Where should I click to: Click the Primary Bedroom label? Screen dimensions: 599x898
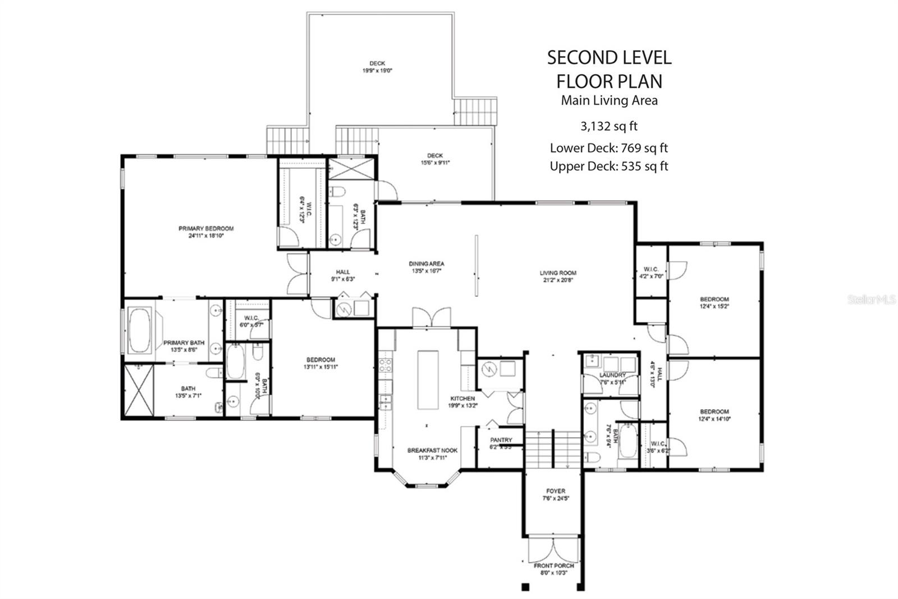[x=206, y=232]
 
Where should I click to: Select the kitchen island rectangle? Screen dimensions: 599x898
[x=428, y=381]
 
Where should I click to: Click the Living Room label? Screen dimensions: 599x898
[x=558, y=276]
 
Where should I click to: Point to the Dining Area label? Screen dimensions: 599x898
[x=427, y=267]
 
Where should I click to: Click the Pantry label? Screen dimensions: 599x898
[x=501, y=443]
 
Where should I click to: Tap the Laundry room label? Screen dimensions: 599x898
[x=612, y=378]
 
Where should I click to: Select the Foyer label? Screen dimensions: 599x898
[x=556, y=494]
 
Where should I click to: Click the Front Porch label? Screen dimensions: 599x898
[x=554, y=569]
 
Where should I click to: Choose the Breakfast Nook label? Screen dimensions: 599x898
[x=432, y=453]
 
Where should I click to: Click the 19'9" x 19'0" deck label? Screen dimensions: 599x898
[x=377, y=67]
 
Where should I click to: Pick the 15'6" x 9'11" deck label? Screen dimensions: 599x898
[x=435, y=159]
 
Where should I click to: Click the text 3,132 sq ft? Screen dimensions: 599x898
[x=609, y=126]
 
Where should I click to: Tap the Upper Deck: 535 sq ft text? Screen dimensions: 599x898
[x=609, y=166]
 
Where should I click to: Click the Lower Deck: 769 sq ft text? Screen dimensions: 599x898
[x=609, y=148]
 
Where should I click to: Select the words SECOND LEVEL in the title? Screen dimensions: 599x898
[x=609, y=57]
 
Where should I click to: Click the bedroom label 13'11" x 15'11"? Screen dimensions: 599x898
[x=321, y=363]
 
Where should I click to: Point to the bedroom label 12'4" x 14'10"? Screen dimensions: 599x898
[x=714, y=415]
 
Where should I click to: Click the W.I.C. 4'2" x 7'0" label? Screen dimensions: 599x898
[x=651, y=273]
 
